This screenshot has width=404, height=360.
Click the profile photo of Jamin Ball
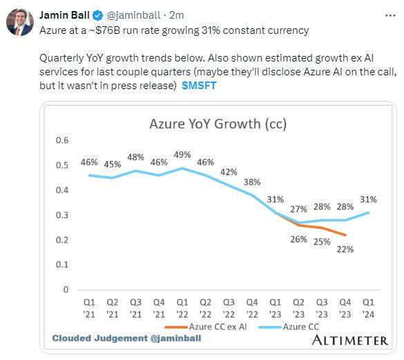tap(20, 22)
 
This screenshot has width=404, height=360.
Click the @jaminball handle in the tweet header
tap(133, 15)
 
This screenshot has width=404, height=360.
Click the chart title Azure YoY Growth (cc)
tap(218, 124)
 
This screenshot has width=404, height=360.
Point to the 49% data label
tap(183, 155)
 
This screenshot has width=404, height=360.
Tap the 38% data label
tap(252, 182)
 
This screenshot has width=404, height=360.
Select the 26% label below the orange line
tap(299, 239)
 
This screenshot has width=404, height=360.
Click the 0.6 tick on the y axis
tap(61, 140)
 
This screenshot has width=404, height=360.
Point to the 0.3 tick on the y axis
tap(61, 215)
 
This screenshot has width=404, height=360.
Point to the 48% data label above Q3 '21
tap(135, 157)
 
